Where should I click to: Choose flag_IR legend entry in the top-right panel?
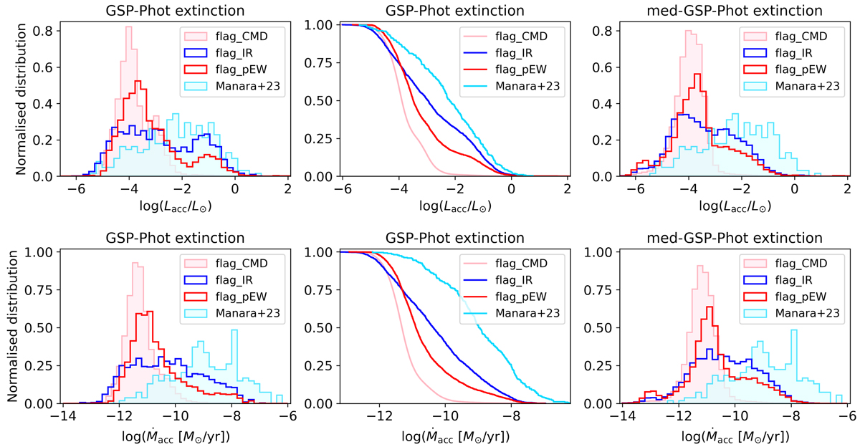(x=803, y=52)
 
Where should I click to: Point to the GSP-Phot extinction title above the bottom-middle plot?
(x=452, y=238)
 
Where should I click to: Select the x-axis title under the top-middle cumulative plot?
(x=452, y=208)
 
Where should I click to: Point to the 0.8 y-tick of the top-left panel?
(x=44, y=31)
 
